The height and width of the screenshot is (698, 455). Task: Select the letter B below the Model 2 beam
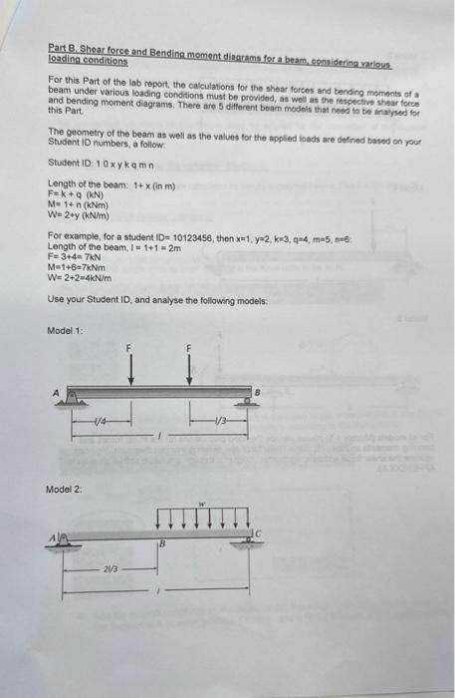point(160,544)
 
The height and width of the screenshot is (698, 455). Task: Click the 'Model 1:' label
point(65,330)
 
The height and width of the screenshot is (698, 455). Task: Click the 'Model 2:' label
point(65,490)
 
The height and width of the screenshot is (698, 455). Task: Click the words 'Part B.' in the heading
point(65,47)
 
